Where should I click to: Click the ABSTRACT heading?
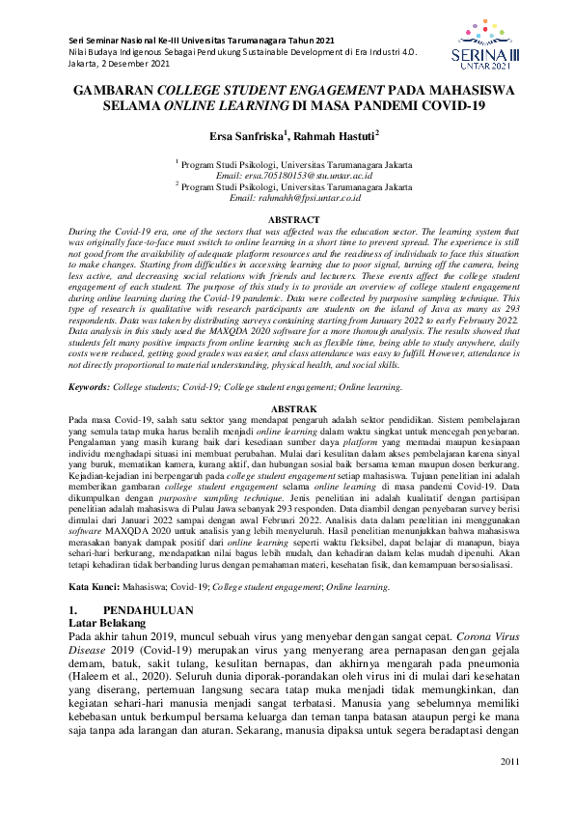click(x=287, y=220)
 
